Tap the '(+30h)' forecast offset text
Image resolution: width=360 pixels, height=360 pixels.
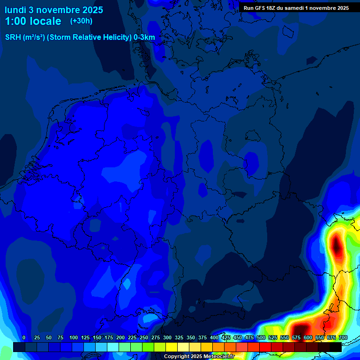tap(81, 21)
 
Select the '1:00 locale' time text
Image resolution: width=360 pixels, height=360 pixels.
tap(33, 21)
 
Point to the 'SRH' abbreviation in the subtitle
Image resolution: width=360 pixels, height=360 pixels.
tap(13, 37)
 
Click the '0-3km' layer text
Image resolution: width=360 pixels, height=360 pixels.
tap(144, 37)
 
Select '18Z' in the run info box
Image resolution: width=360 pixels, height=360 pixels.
tap(272, 8)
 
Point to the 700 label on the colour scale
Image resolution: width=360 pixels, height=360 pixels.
tap(343, 337)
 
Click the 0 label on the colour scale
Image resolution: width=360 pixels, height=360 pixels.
tap(24, 337)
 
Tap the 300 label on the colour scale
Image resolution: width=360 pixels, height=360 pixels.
tap(167, 337)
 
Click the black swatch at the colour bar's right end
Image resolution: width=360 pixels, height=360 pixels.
tap(336, 347)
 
